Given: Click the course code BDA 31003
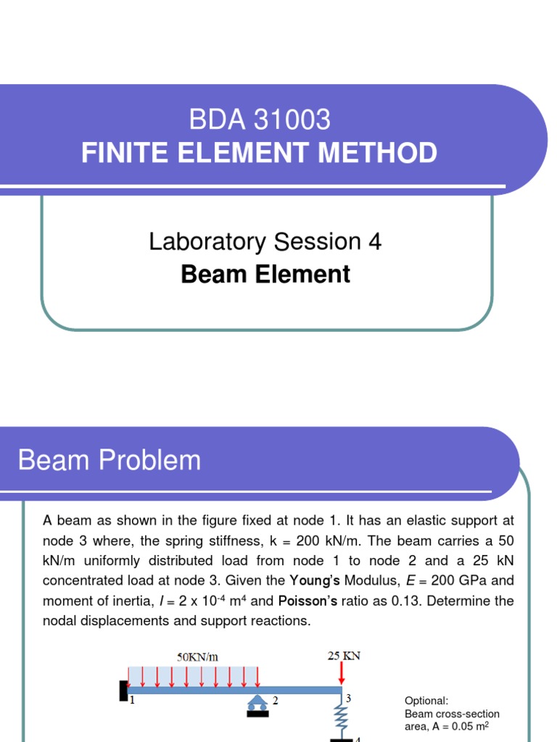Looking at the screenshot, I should tap(260, 119).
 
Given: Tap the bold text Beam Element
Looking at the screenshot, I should tap(265, 274).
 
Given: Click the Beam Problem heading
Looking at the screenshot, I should tap(110, 460).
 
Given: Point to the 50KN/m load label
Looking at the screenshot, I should tap(198, 657).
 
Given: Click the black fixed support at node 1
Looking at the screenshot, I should tap(123, 691).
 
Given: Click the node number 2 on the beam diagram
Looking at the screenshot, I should tap(276, 701).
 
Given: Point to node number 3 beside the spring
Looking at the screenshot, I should tap(348, 699).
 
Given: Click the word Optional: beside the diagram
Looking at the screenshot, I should tap(426, 701).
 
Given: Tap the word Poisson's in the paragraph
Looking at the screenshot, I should tap(305, 601).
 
